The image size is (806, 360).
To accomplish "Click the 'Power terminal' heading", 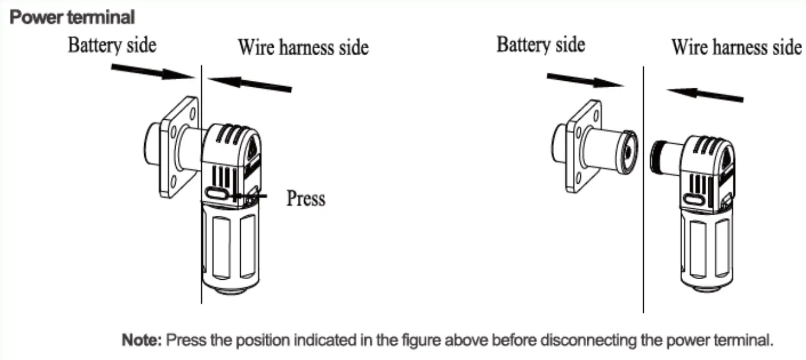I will click(x=72, y=17).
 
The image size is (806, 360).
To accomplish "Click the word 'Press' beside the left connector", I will click(x=306, y=198).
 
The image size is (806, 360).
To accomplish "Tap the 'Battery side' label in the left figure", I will click(x=112, y=45).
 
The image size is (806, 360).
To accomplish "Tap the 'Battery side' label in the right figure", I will click(x=540, y=44).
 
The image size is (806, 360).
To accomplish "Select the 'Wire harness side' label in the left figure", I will click(x=303, y=48).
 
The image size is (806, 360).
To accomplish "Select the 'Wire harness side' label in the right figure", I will click(x=736, y=47).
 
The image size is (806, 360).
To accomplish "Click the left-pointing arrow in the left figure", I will click(x=249, y=84).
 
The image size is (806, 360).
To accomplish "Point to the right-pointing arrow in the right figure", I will click(x=584, y=80).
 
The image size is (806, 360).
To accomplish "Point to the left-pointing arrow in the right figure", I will click(x=704, y=94).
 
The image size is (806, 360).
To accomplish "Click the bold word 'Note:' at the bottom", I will click(x=142, y=340).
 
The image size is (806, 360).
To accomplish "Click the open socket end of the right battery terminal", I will click(x=628, y=151).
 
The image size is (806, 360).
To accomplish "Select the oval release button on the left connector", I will click(x=217, y=193).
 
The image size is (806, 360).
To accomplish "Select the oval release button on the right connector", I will click(x=694, y=199).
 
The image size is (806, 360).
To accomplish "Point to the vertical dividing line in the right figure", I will click(x=643, y=233).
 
